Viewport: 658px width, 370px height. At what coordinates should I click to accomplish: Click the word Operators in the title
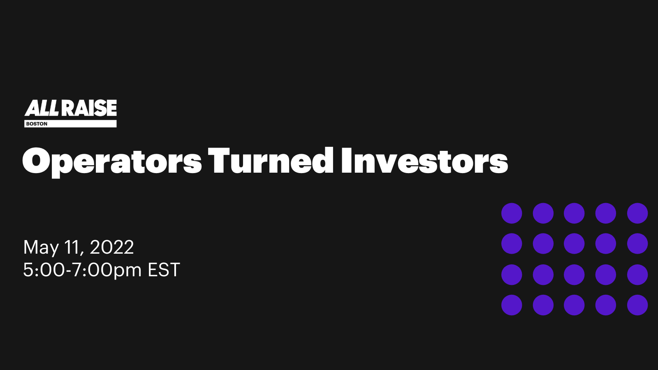coord(112,162)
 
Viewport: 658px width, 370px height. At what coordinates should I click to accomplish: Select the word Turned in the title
coord(271,161)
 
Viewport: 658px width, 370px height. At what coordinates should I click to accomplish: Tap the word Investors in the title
coord(424,161)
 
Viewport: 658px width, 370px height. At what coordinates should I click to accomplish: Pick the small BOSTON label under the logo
coord(37,124)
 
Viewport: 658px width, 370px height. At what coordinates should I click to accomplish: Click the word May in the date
coord(41,248)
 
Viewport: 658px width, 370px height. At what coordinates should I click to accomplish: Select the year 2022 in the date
coord(111,247)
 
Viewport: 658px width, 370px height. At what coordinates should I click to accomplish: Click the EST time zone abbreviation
coord(164,270)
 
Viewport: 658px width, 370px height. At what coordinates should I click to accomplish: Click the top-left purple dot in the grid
coord(512,213)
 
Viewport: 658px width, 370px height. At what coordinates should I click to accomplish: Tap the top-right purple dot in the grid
coord(637,213)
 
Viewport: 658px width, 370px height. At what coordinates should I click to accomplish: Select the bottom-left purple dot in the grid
coord(512,305)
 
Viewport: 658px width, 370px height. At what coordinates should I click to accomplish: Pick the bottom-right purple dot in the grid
coord(637,305)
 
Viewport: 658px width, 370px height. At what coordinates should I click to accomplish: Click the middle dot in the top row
coord(574,213)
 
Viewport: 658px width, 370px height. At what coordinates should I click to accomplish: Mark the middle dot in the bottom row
coord(574,305)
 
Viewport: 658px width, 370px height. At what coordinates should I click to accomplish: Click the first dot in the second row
coord(512,244)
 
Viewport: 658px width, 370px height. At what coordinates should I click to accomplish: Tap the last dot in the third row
coord(637,275)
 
